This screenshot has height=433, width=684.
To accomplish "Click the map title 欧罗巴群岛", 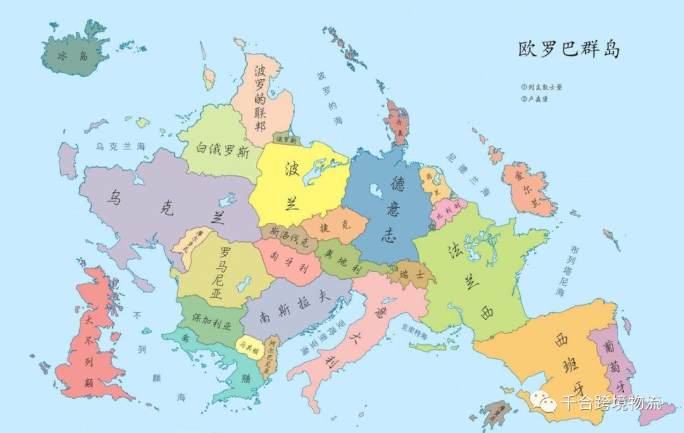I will tap(568, 50).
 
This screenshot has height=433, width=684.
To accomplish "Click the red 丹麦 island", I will tap(398, 123).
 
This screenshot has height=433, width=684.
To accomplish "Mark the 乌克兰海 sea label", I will tap(120, 146).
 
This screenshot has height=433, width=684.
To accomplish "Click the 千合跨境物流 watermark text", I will tap(611, 402).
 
